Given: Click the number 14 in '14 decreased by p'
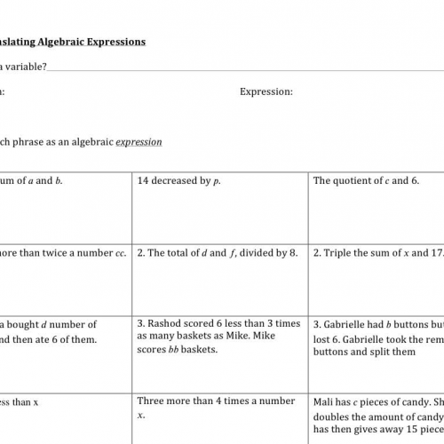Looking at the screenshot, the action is (144, 180).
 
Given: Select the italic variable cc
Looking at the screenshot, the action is (119, 253).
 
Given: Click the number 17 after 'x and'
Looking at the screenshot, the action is (435, 253).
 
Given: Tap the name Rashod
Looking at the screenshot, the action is (170, 324).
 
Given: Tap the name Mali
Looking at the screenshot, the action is (325, 400).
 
